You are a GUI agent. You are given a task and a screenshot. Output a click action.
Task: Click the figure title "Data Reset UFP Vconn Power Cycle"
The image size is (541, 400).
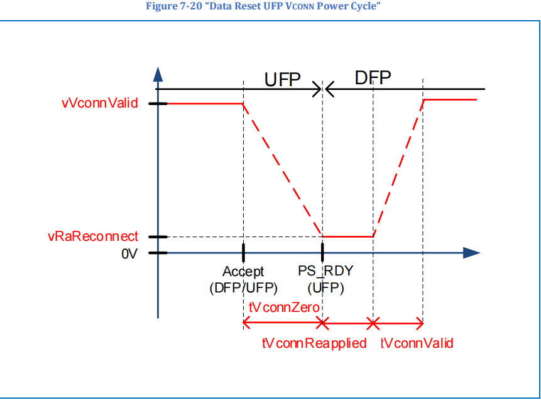click(270, 6)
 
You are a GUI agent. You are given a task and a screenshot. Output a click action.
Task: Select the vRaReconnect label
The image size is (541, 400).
click(92, 237)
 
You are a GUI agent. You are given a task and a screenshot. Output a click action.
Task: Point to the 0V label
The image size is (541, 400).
click(129, 254)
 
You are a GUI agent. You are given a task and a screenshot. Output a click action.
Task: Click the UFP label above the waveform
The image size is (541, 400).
click(282, 80)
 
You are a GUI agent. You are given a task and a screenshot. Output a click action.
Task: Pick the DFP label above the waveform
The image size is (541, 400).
click(373, 78)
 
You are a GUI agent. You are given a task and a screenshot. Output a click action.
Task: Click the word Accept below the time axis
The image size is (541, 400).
click(243, 272)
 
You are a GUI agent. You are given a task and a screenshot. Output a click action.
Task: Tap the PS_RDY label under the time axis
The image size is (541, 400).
click(325, 272)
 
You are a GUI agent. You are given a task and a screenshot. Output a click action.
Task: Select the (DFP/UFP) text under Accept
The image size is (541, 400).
click(243, 288)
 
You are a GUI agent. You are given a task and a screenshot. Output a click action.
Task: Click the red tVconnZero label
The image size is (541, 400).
click(285, 308)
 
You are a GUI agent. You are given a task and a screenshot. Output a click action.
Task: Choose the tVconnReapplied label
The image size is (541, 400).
click(314, 343)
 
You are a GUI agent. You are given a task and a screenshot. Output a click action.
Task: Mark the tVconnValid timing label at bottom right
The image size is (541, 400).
click(417, 343)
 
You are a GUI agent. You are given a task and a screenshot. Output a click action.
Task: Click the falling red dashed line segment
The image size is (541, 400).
click(283, 170)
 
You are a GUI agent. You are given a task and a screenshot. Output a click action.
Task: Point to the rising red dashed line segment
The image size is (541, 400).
click(398, 169)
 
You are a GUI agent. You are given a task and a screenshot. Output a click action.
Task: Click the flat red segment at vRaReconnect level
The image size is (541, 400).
click(347, 237)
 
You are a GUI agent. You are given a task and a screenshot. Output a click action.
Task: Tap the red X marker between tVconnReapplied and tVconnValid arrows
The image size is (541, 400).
click(373, 324)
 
